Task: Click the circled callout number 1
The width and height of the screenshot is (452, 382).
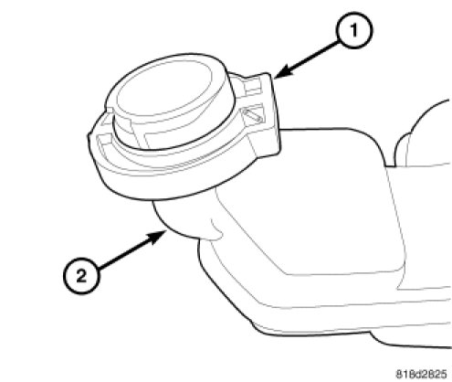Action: point(354,30)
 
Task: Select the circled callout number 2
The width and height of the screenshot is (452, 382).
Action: point(81,276)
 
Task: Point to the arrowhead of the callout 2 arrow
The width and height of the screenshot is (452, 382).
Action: point(157,236)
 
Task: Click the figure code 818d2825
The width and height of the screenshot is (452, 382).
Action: point(421,374)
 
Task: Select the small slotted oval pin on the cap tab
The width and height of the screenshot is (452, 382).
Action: point(252,115)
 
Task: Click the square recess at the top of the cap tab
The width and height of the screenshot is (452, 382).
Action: point(252,85)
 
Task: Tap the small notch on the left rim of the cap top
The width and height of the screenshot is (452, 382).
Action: point(109,109)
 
